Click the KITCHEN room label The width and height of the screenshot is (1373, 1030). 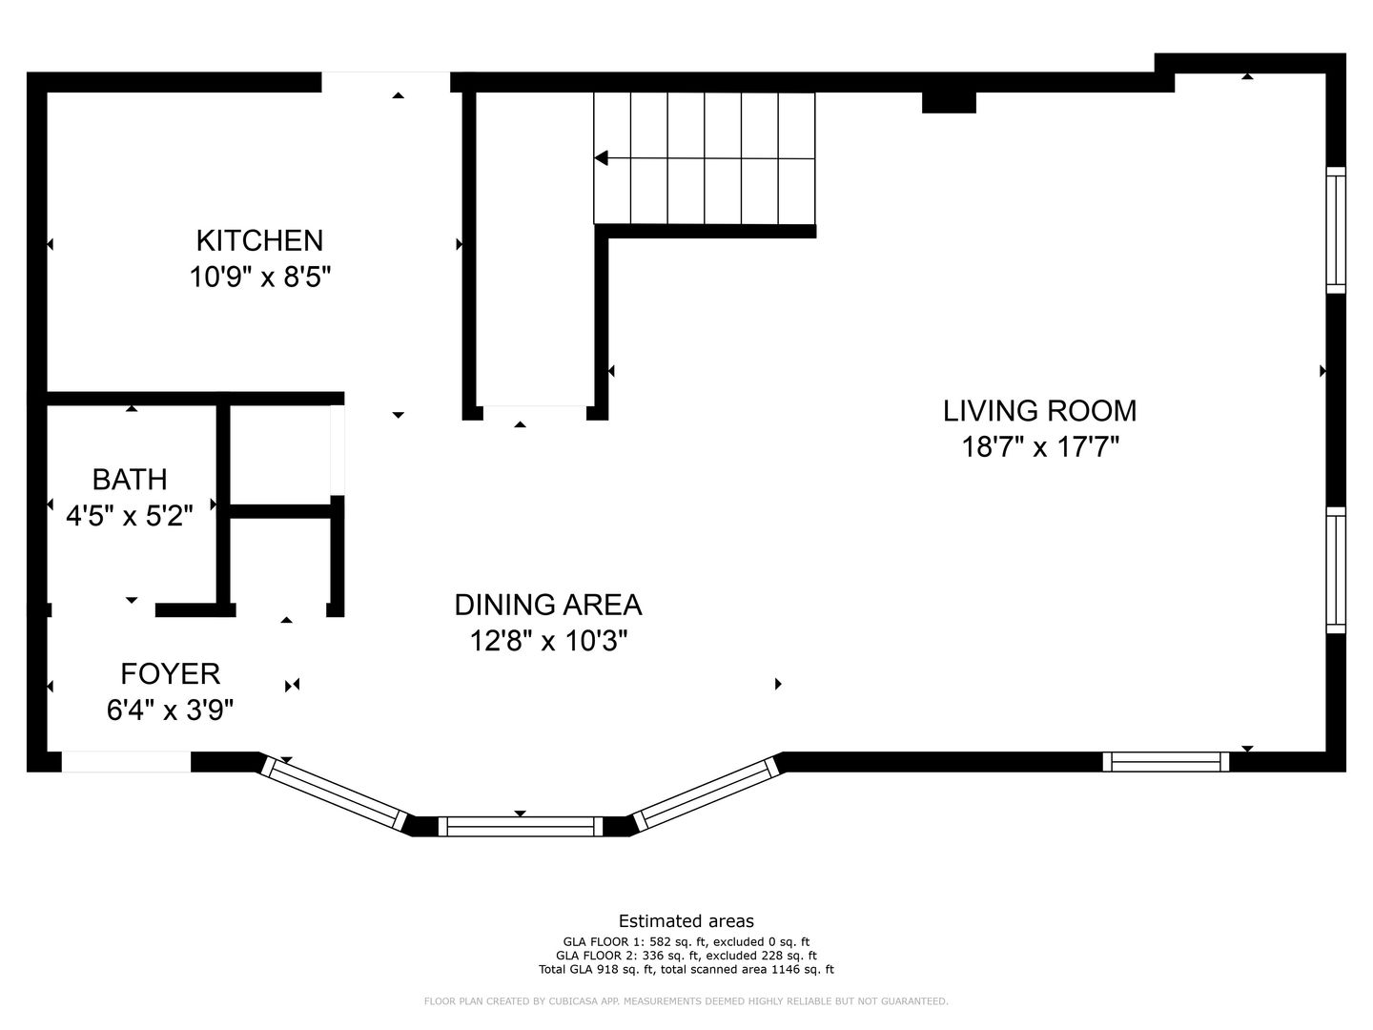click(259, 240)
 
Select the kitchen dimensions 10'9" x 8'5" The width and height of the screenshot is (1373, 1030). click(259, 277)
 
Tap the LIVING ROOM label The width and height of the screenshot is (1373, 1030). click(1039, 411)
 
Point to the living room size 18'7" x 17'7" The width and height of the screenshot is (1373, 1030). click(1039, 447)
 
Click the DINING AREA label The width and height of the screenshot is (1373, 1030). click(548, 605)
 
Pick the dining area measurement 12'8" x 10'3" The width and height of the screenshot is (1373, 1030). click(548, 641)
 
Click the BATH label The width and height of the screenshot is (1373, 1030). click(130, 480)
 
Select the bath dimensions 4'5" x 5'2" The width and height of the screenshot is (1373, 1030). click(130, 516)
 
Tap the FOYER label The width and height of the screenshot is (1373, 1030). click(170, 673)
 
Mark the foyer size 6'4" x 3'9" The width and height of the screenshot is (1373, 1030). click(170, 710)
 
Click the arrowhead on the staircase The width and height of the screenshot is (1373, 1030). click(601, 158)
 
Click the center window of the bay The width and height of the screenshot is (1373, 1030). click(520, 826)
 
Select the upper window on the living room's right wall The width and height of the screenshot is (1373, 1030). click(1336, 230)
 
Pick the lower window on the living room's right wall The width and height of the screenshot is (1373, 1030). click(1336, 569)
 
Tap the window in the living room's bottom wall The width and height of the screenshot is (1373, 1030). click(1165, 762)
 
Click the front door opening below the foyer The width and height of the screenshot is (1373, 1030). click(126, 762)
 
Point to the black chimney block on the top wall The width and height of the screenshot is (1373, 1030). click(949, 103)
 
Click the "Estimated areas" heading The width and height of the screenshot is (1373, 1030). click(686, 921)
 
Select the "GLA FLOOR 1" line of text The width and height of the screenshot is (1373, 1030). click(686, 942)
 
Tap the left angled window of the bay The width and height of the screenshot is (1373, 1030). click(334, 793)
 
